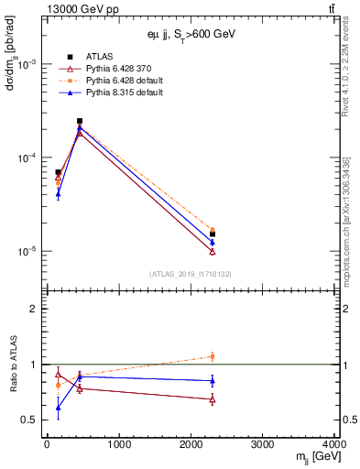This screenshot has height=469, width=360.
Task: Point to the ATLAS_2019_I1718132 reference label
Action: [191, 274]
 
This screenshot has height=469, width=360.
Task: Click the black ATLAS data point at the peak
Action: [80, 121]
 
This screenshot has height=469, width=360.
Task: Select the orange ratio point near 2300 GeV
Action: [213, 356]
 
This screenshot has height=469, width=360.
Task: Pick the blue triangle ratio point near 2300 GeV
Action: [213, 380]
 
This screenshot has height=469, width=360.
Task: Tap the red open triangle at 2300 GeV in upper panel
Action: [213, 251]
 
